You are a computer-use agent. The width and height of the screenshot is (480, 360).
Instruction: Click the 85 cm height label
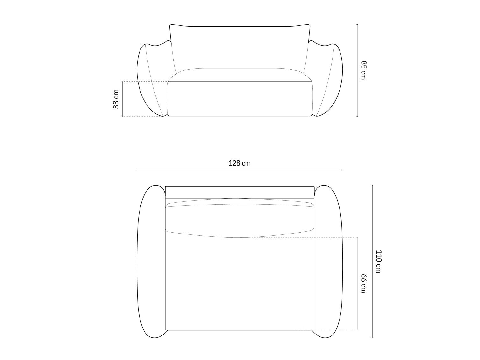363,70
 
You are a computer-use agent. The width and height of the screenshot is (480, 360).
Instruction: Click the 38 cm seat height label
116,99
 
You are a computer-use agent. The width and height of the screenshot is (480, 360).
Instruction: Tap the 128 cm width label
240,163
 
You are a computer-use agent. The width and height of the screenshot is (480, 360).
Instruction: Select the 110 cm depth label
378,262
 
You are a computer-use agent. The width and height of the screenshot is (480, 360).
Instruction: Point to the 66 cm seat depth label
363,284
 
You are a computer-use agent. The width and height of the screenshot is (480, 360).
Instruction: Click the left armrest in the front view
152,79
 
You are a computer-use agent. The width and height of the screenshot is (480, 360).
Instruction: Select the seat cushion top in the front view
240,75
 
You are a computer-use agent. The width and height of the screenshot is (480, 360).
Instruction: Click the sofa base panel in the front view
240,99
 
